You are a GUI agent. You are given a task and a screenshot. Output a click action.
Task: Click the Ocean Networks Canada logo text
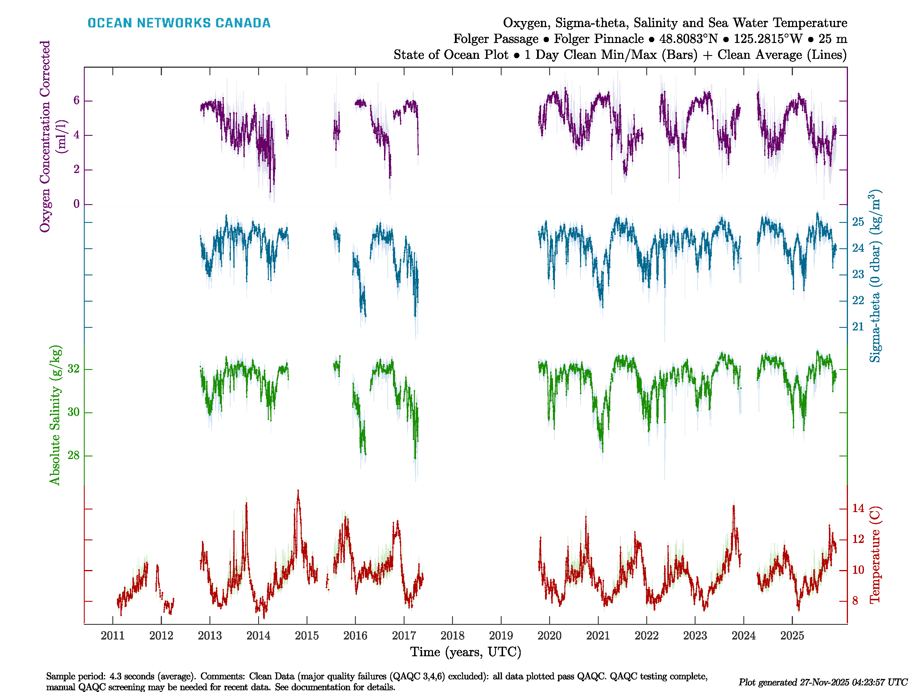click(179, 23)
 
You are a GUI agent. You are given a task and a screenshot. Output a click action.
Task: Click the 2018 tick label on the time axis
click(452, 636)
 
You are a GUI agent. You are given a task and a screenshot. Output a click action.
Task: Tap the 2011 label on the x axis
click(113, 636)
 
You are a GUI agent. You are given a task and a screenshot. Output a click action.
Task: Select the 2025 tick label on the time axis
click(792, 636)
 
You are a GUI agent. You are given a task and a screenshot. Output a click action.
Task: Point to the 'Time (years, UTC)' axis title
click(466, 652)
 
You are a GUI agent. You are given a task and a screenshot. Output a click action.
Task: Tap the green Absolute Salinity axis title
click(55, 415)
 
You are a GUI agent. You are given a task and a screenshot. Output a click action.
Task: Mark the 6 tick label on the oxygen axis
click(76, 101)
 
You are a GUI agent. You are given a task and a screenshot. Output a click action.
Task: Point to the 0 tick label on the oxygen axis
click(76, 204)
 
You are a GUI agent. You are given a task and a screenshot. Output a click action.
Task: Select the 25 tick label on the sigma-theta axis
click(858, 222)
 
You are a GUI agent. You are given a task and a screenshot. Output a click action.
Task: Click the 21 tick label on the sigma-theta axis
click(858, 327)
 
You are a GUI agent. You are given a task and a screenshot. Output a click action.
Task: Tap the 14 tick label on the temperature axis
click(858, 508)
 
